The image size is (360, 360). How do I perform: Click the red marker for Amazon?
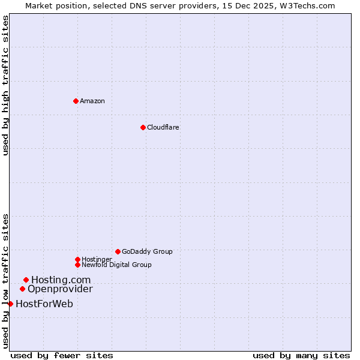coord(76,101)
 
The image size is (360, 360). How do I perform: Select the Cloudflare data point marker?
coord(143,127)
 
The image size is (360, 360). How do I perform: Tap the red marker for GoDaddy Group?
coord(118,251)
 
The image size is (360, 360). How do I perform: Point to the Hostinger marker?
coord(77,259)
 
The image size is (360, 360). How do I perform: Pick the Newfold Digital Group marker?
coord(77,265)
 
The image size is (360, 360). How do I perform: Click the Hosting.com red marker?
coord(26,280)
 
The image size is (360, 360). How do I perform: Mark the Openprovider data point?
coord(22,289)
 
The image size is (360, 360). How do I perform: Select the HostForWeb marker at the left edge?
coord(10,304)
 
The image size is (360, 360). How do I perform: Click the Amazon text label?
coord(92,101)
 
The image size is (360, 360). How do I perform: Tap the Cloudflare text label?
coord(163,127)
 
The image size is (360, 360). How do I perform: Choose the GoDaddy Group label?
coord(147,251)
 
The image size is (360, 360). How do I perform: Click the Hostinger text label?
coord(97,259)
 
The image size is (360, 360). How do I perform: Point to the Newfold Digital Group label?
coord(116,265)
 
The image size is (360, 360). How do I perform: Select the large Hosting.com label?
coord(61,280)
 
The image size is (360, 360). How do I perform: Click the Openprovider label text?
coord(60,289)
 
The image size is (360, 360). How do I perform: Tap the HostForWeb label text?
coord(44,304)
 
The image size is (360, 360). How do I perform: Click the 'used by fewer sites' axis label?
coord(62,355)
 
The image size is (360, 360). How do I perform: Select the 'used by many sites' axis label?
coord(301,355)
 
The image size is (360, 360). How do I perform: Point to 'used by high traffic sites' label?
coord(5,85)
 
